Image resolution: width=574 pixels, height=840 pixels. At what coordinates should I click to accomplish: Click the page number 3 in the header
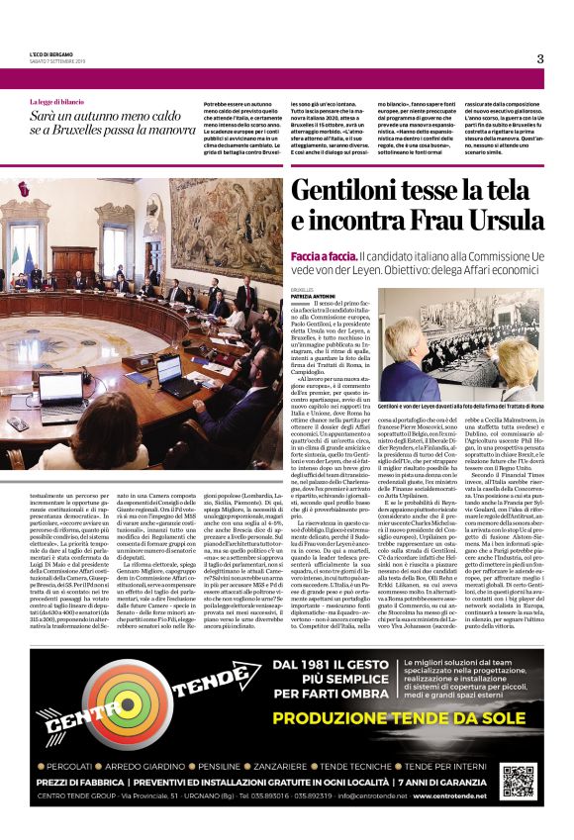pyautogui.click(x=540, y=58)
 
